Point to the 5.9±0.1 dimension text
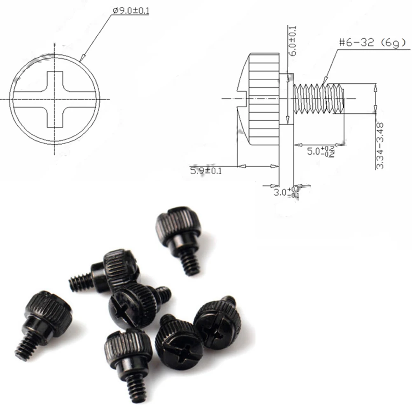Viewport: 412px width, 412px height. point(206,170)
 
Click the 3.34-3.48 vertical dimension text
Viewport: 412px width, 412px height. point(380,145)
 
